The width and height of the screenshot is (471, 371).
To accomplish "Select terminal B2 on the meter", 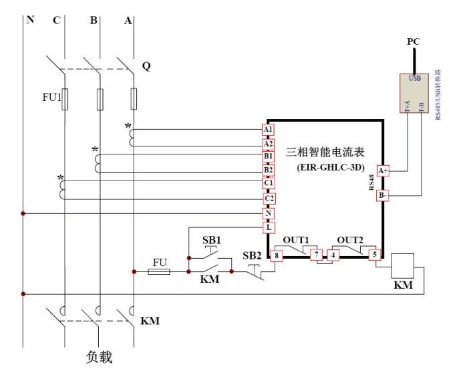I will (x=268, y=170).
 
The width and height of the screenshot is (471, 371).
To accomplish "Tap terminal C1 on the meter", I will (x=268, y=183).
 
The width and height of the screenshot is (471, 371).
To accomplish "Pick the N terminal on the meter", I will (x=268, y=213).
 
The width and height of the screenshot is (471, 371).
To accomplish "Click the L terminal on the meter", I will (x=268, y=227).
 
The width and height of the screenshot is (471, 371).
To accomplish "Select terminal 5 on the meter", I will (x=375, y=255).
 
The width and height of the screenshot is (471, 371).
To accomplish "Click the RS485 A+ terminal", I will (x=383, y=171).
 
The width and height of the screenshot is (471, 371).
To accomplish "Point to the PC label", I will (x=414, y=42).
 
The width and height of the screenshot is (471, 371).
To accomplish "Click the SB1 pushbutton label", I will (x=211, y=239).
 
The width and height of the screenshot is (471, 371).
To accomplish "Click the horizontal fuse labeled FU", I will (x=160, y=272).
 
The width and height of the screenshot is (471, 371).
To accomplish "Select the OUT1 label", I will (x=296, y=240).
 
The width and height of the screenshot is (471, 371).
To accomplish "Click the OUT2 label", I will (x=350, y=240).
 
